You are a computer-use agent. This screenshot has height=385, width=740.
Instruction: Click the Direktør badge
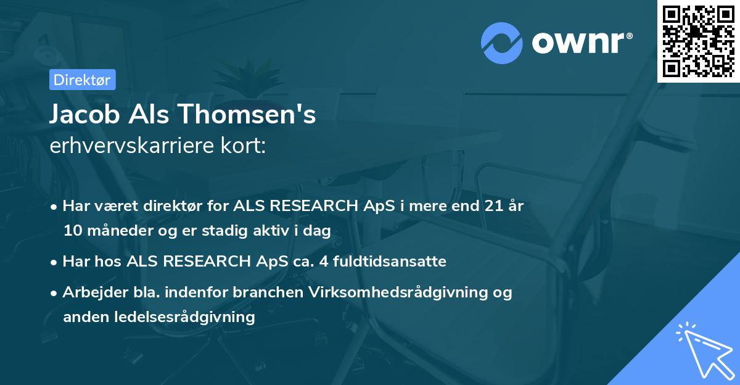(x=82, y=80)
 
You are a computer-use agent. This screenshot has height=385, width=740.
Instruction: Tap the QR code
(x=698, y=41)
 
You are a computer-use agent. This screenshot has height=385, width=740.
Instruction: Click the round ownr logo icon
(x=502, y=43)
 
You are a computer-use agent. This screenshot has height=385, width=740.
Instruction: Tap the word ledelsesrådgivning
(x=158, y=317)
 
